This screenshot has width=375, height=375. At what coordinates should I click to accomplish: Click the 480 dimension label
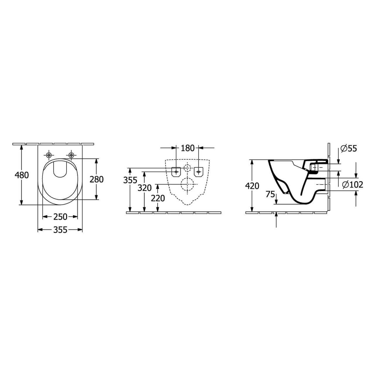22,175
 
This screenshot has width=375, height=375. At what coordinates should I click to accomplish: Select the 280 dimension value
97,179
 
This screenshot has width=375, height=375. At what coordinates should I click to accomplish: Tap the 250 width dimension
60,217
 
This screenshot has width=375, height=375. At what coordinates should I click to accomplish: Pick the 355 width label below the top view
60,230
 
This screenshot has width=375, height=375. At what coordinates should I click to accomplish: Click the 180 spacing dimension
188,148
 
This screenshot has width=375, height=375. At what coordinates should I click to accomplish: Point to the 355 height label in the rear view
130,180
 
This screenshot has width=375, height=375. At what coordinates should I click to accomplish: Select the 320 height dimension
145,188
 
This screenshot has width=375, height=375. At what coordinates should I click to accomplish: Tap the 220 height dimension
158,198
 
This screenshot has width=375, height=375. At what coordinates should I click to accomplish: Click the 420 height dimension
252,186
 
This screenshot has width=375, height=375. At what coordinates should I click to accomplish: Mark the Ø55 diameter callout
349,149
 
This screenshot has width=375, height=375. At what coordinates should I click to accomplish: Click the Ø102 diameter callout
353,184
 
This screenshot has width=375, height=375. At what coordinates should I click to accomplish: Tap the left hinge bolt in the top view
49,155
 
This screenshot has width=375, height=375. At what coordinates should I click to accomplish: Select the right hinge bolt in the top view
71,155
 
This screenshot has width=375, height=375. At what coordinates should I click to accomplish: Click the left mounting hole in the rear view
176,171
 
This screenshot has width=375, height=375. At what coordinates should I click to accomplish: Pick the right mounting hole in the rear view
199,171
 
